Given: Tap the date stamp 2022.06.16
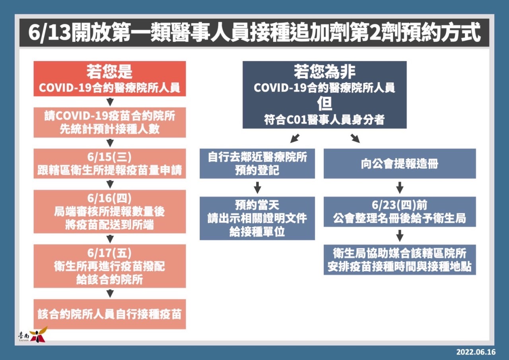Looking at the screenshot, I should [x=476, y=352].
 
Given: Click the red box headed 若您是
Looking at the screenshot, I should [x=109, y=79].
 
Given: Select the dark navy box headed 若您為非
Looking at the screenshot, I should [x=324, y=95].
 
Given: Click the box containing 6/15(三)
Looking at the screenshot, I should [x=109, y=163].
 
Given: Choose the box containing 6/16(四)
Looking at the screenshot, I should [x=109, y=211].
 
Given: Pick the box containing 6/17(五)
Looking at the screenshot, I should [x=109, y=266].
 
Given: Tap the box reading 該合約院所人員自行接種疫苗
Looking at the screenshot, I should [x=109, y=314].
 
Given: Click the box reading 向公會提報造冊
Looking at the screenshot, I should [x=400, y=163].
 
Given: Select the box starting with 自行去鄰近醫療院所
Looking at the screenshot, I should [x=257, y=163].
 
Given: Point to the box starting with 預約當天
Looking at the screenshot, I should [x=257, y=218].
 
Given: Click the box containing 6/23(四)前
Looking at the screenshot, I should [x=400, y=212].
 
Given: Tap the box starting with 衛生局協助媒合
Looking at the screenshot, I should [x=400, y=260].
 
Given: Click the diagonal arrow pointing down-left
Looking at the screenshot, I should [x=295, y=138].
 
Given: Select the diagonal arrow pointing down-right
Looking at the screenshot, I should [x=355, y=138].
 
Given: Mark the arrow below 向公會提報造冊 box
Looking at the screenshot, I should [x=400, y=187].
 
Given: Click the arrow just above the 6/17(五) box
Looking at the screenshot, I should [x=110, y=239].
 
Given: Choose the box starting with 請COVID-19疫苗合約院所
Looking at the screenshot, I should [x=109, y=122].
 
